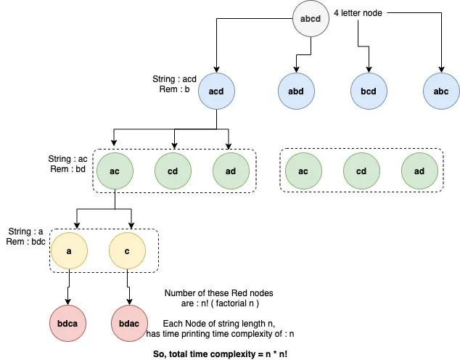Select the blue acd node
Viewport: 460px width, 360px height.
click(215, 92)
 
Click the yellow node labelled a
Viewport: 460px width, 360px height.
click(68, 250)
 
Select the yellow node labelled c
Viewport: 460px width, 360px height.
click(128, 250)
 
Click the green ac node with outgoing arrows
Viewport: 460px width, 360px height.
click(115, 171)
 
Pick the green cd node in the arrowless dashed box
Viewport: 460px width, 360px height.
click(361, 171)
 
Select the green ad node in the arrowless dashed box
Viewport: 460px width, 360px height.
click(419, 171)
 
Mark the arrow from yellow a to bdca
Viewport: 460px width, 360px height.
click(68, 286)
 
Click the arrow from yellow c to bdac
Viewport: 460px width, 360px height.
click(128, 286)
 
